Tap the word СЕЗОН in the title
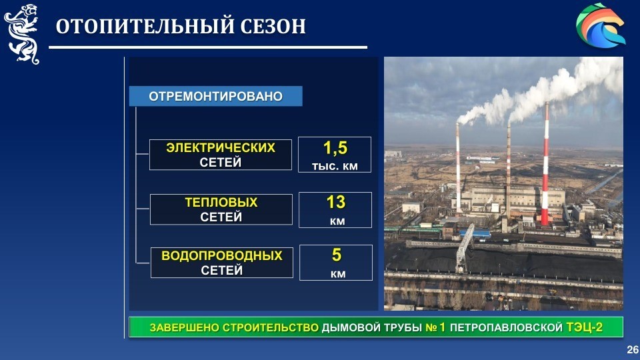pyautogui.click(x=273, y=26)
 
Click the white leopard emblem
pyautogui.click(x=23, y=34)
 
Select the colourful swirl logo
pyautogui.click(x=601, y=25)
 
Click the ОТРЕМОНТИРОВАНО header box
pyautogui.click(x=215, y=96)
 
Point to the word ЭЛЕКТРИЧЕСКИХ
pyautogui.click(x=221, y=147)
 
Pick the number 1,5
pyautogui.click(x=335, y=148)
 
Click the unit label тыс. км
pyautogui.click(x=335, y=166)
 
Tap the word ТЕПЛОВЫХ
pyautogui.click(x=221, y=202)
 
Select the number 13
pyautogui.click(x=336, y=202)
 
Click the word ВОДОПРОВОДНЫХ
pyautogui.click(x=221, y=255)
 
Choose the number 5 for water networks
pyautogui.click(x=336, y=255)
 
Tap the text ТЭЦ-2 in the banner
pyautogui.click(x=584, y=327)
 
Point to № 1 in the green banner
pyautogui.click(x=435, y=327)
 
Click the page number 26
pyautogui.click(x=633, y=349)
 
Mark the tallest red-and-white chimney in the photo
pyautogui.click(x=545, y=163)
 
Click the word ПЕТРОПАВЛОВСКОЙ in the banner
pyautogui.click(x=506, y=327)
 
